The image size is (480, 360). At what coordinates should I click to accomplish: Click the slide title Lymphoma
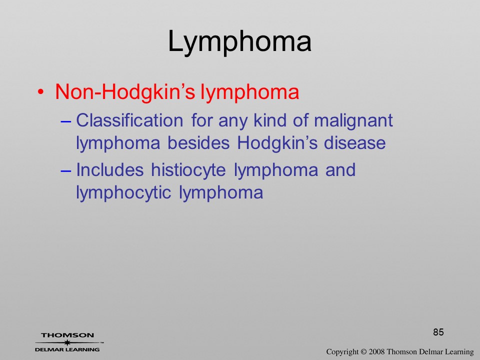pos(239,42)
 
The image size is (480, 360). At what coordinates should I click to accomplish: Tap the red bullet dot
pos(40,92)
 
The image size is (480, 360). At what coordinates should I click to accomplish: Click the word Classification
pos(129,120)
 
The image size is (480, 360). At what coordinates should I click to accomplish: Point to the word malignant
pos(353,121)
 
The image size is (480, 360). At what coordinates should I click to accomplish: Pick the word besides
pos(198,142)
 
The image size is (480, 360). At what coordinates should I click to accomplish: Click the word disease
pos(355,142)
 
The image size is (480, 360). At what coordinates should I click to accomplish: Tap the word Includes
pos(109,169)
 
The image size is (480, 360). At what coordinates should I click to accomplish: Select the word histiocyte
pos(188,170)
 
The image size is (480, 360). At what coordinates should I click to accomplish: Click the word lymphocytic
pos(123,193)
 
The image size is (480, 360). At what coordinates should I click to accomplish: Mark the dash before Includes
pos(66,171)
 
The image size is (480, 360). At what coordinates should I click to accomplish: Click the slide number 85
pos(438,332)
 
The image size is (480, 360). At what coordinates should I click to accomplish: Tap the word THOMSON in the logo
pos(67,335)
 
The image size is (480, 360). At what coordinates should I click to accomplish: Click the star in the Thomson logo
pos(67,343)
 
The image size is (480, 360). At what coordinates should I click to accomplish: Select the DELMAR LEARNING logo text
pos(67,349)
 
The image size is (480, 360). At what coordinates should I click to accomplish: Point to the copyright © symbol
pos(363,351)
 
